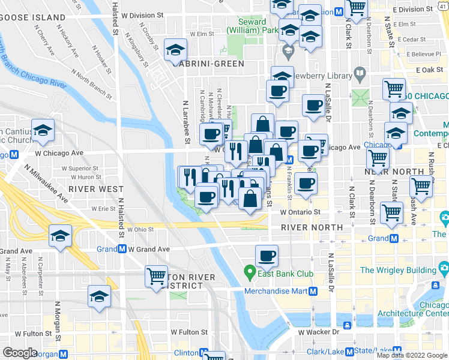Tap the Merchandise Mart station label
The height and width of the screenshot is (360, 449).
click(x=276, y=292)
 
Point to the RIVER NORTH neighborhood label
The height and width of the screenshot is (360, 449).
click(x=312, y=227)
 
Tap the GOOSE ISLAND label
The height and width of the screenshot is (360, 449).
click(x=33, y=17)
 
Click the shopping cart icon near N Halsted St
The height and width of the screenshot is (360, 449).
click(x=156, y=277)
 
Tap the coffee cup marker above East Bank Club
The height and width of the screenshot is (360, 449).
click(x=267, y=256)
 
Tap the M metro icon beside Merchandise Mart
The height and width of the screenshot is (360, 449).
click(x=313, y=292)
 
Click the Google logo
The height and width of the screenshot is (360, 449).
click(x=20, y=353)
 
